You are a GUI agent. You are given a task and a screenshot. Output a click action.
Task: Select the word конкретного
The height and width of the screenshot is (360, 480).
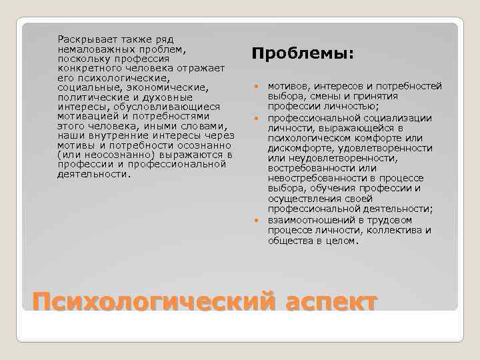coord(87,68)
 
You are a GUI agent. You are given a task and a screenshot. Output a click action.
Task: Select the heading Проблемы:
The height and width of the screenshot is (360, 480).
coord(302,53)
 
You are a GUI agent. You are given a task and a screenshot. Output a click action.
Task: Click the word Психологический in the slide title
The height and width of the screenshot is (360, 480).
coord(147,301)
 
